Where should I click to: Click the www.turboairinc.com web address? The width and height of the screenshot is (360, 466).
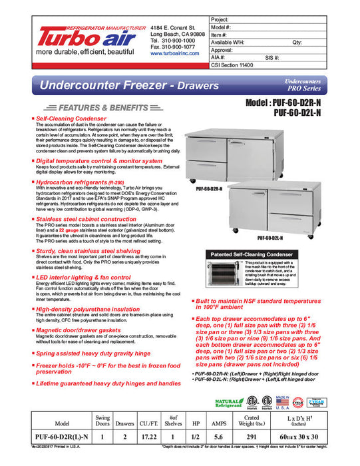tap(174, 54)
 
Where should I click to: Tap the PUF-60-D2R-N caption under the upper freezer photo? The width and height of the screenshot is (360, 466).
tap(209, 189)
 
